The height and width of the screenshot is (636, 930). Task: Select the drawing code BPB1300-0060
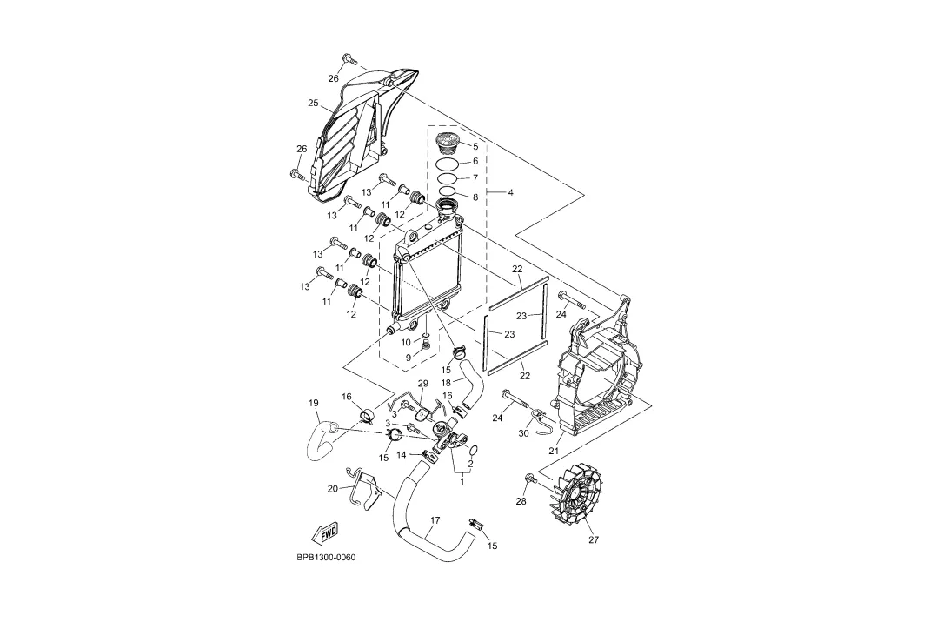click(326, 558)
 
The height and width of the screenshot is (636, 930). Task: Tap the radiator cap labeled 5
click(447, 143)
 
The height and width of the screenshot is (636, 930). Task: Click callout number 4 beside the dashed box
click(510, 192)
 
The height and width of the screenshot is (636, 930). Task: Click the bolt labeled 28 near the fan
click(529, 478)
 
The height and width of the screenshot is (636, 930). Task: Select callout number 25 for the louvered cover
click(313, 103)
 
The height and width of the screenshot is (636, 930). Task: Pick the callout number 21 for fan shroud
click(554, 451)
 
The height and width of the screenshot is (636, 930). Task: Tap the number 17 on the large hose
click(435, 520)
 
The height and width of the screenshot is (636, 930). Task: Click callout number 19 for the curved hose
click(313, 403)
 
